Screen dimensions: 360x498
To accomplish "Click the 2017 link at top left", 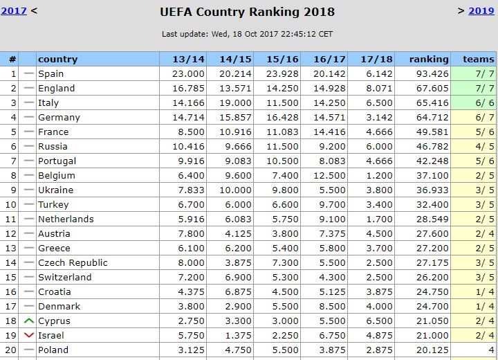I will click(x=13, y=11).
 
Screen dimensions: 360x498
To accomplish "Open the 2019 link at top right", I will click(x=481, y=10).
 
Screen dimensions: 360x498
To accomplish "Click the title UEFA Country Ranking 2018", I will click(x=247, y=12).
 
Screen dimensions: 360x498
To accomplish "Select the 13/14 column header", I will click(x=188, y=60).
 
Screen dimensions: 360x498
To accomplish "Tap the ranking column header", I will click(x=429, y=60).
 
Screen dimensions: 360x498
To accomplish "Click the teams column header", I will click(x=474, y=60).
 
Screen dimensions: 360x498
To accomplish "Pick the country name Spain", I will click(x=51, y=74).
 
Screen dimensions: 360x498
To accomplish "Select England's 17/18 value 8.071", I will click(x=376, y=89).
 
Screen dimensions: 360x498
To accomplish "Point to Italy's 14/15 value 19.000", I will click(x=236, y=103).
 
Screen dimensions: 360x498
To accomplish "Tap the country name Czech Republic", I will click(x=73, y=263).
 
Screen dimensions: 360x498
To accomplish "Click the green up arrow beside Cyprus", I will click(x=28, y=321).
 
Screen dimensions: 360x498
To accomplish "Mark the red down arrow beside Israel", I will click(x=28, y=336).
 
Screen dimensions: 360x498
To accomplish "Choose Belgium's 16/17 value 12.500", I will click(x=329, y=176).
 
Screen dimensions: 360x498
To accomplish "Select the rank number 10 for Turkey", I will click(x=10, y=205).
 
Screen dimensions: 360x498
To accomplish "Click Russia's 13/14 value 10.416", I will click(x=188, y=147).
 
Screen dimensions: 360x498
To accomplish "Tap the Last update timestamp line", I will click(x=247, y=33).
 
